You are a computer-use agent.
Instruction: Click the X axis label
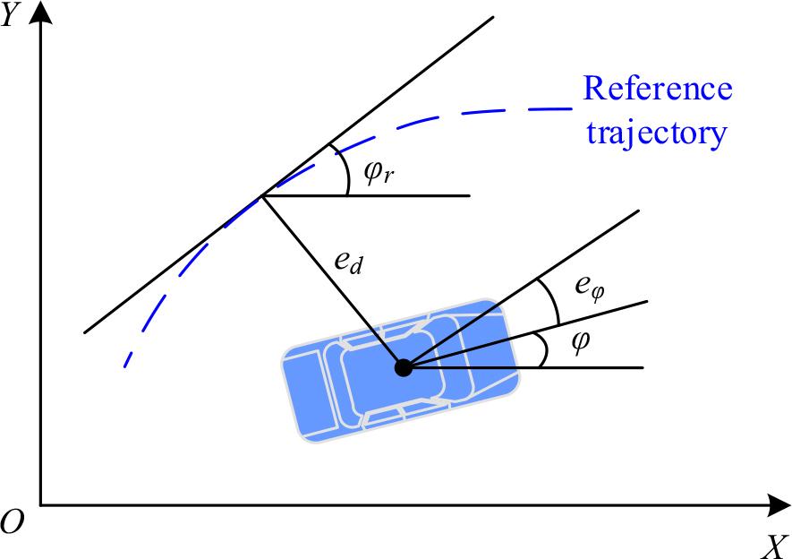pyautogui.click(x=775, y=545)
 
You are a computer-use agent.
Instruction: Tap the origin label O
pyautogui.click(x=11, y=521)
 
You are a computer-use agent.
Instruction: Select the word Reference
pyautogui.click(x=658, y=90)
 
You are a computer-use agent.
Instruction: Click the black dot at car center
pyautogui.click(x=404, y=367)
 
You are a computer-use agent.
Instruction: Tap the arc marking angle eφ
pyautogui.click(x=551, y=301)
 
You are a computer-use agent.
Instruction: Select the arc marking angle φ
pyautogui.click(x=541, y=349)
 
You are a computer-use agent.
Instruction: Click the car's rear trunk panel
pyautogui.click(x=303, y=395)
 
